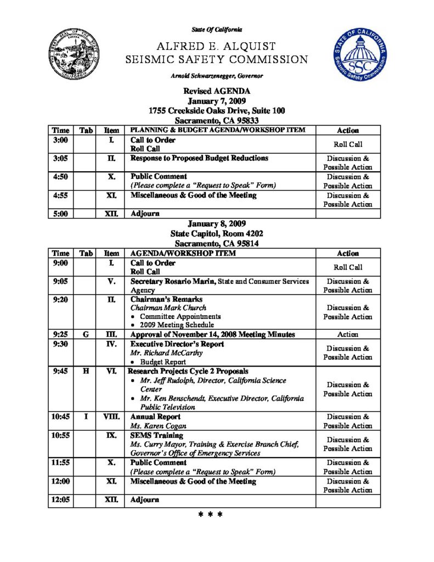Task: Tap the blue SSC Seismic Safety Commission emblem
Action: (359, 57)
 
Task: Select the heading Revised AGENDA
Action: (217, 92)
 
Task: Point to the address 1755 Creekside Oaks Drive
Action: (217, 111)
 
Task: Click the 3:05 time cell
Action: (60, 159)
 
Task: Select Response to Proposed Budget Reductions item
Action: (199, 159)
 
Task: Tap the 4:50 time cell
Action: (60, 177)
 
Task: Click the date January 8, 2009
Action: (217, 224)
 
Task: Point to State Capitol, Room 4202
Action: (217, 234)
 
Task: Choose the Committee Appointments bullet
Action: (180, 317)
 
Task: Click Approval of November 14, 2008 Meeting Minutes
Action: (212, 334)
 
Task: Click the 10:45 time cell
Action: (60, 417)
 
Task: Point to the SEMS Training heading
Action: (156, 436)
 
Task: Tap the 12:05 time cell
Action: (60, 500)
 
